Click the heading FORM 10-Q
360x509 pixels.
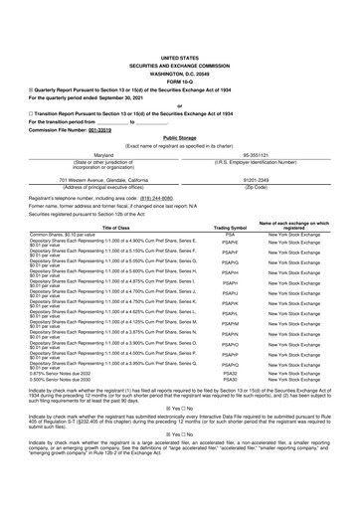point(179,53)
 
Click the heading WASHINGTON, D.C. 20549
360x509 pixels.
point(179,45)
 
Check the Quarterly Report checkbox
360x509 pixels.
point(31,62)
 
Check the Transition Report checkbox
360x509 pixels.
point(31,86)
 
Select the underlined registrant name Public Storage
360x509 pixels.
point(179,111)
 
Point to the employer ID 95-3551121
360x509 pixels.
point(264,128)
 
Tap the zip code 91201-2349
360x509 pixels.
point(264,152)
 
